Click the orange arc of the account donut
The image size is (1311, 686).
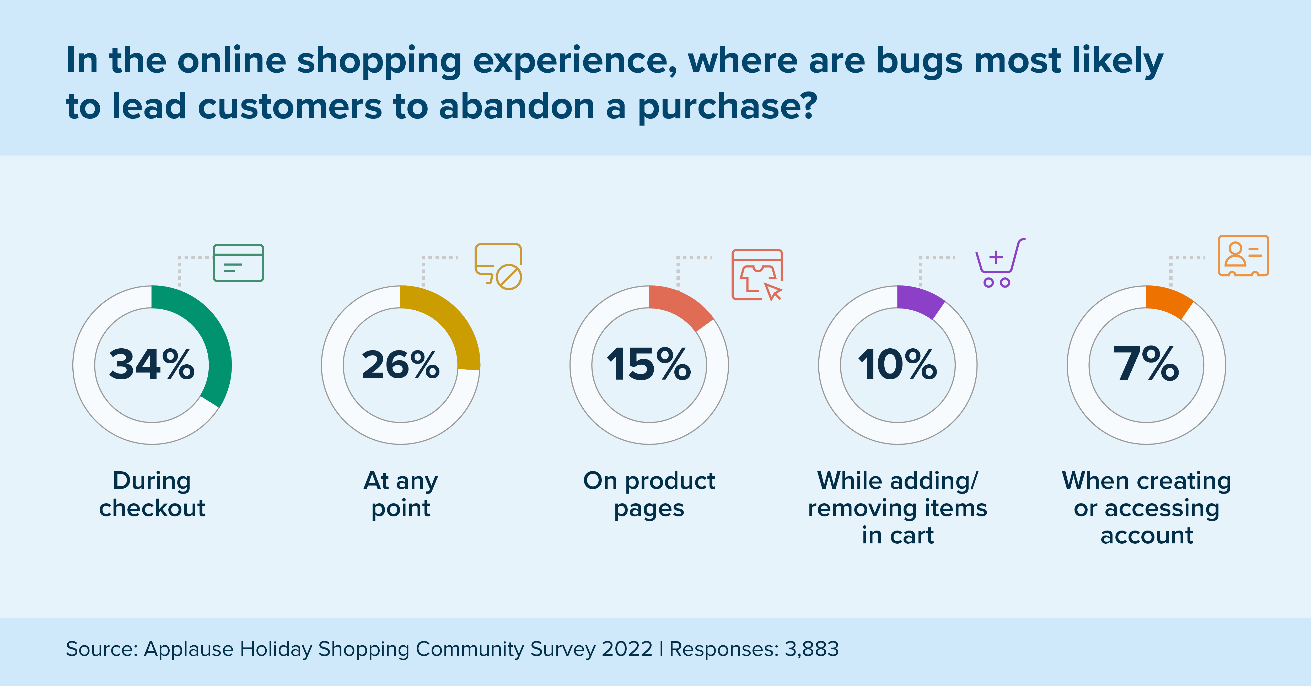(1168, 300)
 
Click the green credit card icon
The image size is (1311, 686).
(238, 263)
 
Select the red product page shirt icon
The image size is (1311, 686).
(757, 275)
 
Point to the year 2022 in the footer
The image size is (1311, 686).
(627, 649)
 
